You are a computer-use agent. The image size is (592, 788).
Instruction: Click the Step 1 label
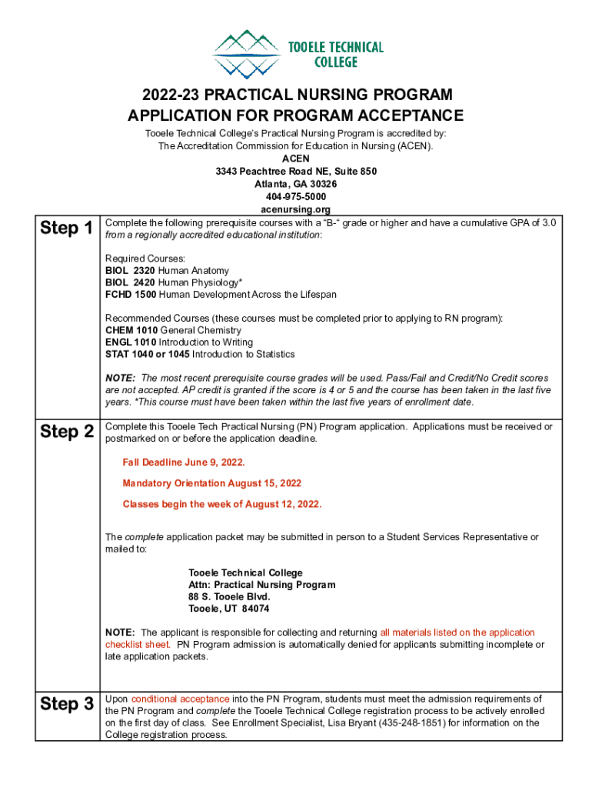pyautogui.click(x=67, y=229)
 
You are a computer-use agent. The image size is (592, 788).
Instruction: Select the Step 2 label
pyautogui.click(x=67, y=432)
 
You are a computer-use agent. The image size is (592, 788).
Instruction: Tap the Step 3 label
pyautogui.click(x=67, y=704)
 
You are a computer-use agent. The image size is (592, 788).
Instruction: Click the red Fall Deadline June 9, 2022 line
pyautogui.click(x=184, y=462)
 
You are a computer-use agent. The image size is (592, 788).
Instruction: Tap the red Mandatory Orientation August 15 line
pyautogui.click(x=212, y=483)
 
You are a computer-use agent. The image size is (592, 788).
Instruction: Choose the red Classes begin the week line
pyautogui.click(x=222, y=504)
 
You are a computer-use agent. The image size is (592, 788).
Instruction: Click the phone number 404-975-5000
pyautogui.click(x=295, y=197)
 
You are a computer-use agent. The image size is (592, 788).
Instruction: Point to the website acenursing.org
pyautogui.click(x=295, y=209)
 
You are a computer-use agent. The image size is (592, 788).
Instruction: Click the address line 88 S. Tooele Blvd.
pyautogui.click(x=230, y=596)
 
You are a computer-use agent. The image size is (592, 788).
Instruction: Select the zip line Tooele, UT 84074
pyautogui.click(x=229, y=609)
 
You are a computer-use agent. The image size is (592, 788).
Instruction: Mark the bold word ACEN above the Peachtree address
pyautogui.click(x=295, y=159)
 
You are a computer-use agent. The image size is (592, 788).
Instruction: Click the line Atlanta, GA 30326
pyautogui.click(x=295, y=184)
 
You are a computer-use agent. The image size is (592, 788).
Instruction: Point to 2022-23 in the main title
pyautogui.click(x=168, y=95)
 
